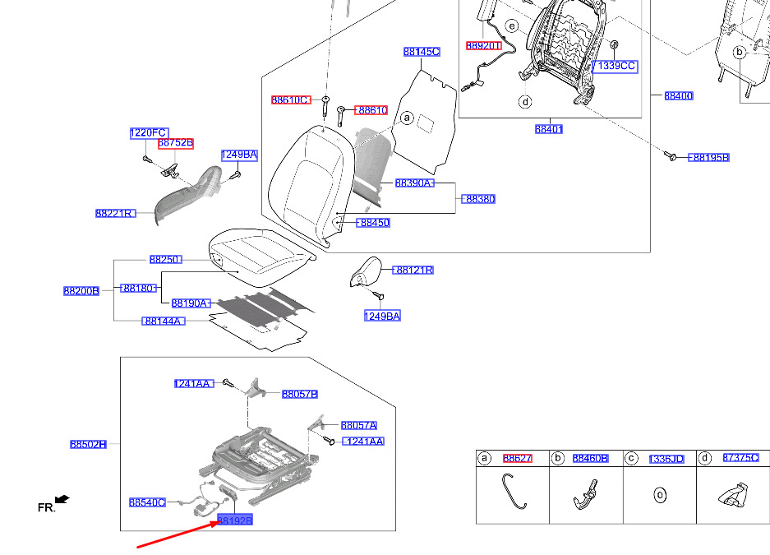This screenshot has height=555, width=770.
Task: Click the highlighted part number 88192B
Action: click(x=234, y=520)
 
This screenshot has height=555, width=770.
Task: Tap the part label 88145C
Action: click(x=422, y=52)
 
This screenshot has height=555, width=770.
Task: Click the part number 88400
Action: click(x=678, y=96)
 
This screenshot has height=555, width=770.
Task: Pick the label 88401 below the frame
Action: click(x=548, y=129)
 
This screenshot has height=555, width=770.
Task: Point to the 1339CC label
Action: click(x=616, y=66)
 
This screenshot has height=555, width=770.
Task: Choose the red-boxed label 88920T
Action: click(x=483, y=46)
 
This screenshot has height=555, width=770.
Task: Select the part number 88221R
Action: click(x=114, y=213)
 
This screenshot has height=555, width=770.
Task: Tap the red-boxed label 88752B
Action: click(x=176, y=143)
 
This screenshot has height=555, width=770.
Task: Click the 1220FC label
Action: click(x=149, y=133)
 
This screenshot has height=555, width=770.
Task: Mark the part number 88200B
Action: click(x=81, y=290)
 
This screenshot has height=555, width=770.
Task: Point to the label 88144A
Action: click(x=164, y=321)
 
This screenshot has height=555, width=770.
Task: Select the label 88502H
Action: click(x=88, y=444)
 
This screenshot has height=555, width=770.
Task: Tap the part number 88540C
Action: click(x=147, y=502)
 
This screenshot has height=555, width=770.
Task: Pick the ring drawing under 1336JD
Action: click(x=658, y=496)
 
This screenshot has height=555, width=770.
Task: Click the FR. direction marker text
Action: click(x=46, y=508)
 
